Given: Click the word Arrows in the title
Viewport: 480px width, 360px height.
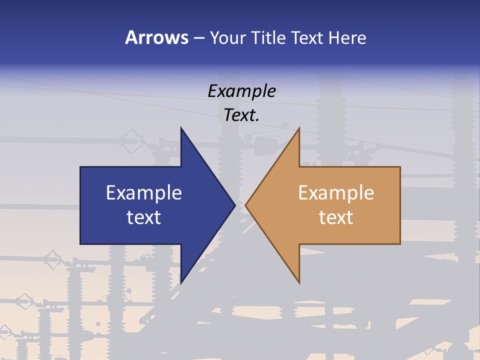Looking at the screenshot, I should coord(157,37).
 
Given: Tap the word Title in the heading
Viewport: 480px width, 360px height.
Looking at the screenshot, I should coord(268,37).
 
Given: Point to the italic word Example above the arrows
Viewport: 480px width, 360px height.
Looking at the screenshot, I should coord(241,91).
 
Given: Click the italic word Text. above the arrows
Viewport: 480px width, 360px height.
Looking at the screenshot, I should coord(241,115).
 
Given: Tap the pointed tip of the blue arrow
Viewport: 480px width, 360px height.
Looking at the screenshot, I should coord(235,205).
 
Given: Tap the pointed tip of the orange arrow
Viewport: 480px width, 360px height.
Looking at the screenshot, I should coord(245,205).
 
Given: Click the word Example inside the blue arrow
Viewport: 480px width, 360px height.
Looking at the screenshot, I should coord(144,192).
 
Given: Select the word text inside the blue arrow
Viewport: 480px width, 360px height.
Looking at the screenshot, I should coord(144,217).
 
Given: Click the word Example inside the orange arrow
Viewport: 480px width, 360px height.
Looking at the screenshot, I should coord(336,192).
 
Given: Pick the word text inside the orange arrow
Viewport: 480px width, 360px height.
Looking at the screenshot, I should coord(336,217).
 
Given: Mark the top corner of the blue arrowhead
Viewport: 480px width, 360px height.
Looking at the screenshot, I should coord(181,127).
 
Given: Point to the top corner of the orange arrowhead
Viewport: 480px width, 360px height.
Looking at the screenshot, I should coord(299,128).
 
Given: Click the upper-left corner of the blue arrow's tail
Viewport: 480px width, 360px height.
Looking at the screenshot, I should coord(80,167).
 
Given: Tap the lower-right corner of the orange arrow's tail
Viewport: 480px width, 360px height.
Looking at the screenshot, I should coord(400,243).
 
